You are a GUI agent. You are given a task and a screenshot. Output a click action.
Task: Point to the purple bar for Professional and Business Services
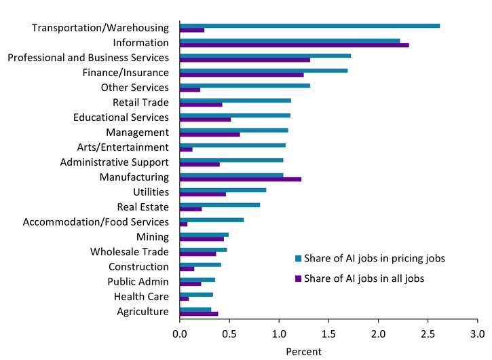(244, 60)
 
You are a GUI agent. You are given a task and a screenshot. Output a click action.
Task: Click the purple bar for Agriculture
(198, 314)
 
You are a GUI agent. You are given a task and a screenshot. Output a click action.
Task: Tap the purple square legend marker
(296, 278)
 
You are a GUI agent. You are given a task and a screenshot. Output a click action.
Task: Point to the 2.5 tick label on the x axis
(428, 335)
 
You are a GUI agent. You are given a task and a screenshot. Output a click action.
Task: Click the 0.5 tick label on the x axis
(229, 335)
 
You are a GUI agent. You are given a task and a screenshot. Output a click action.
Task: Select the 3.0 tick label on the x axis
(477, 335)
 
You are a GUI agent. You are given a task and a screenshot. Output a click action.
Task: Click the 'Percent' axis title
(303, 352)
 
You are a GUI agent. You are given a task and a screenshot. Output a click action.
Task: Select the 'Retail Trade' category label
(140, 103)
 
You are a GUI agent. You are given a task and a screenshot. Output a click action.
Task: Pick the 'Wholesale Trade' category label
(129, 251)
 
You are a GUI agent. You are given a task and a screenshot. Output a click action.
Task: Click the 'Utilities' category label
(149, 192)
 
